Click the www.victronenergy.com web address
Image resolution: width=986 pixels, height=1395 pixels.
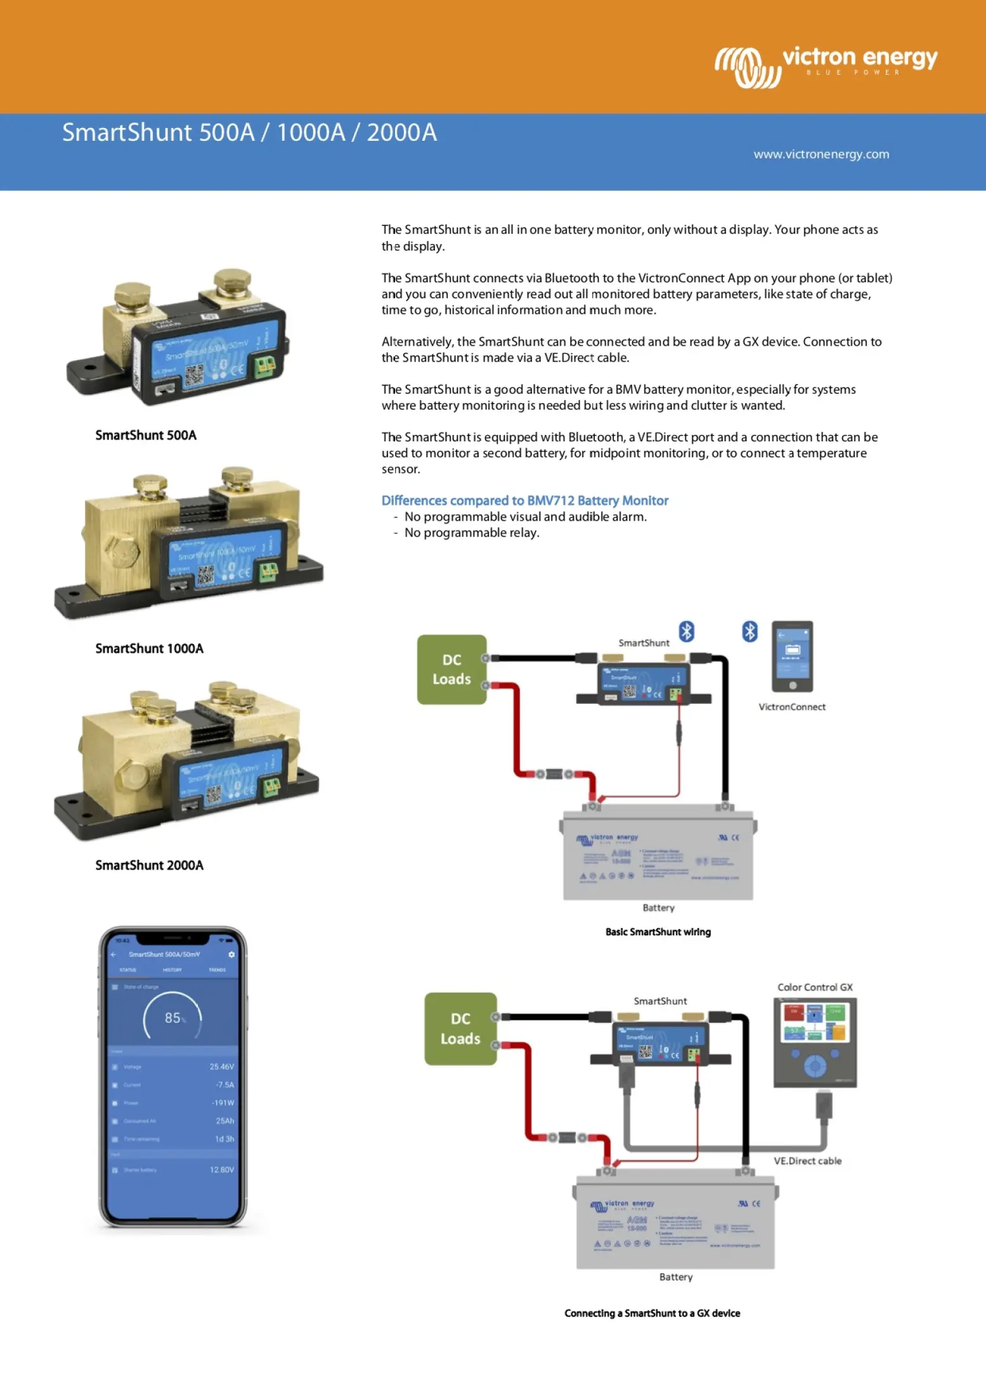821,154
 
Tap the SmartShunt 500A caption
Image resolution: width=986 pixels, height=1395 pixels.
146,435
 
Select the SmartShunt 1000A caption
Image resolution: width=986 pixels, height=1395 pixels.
149,648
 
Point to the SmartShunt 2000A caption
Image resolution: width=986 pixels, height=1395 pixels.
149,865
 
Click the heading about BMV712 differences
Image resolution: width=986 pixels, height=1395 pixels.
524,500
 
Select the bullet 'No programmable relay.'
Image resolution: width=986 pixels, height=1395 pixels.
471,533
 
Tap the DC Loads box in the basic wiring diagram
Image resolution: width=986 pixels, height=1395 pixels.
451,669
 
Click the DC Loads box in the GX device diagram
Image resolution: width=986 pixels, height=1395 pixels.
460,1028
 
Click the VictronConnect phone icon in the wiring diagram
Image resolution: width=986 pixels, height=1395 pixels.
792,656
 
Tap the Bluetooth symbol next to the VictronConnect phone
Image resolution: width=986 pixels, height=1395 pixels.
749,632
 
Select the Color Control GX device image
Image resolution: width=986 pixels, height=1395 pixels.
815,1042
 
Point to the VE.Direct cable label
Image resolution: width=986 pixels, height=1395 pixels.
807,1160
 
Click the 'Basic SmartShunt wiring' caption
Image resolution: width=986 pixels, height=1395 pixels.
658,931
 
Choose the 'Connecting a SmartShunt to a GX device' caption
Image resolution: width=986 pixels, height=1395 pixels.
652,1313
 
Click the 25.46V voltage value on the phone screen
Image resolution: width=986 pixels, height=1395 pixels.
221,1067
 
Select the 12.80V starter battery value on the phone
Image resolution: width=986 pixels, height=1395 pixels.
221,1169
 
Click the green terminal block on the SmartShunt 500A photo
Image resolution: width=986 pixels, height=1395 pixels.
265,367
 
